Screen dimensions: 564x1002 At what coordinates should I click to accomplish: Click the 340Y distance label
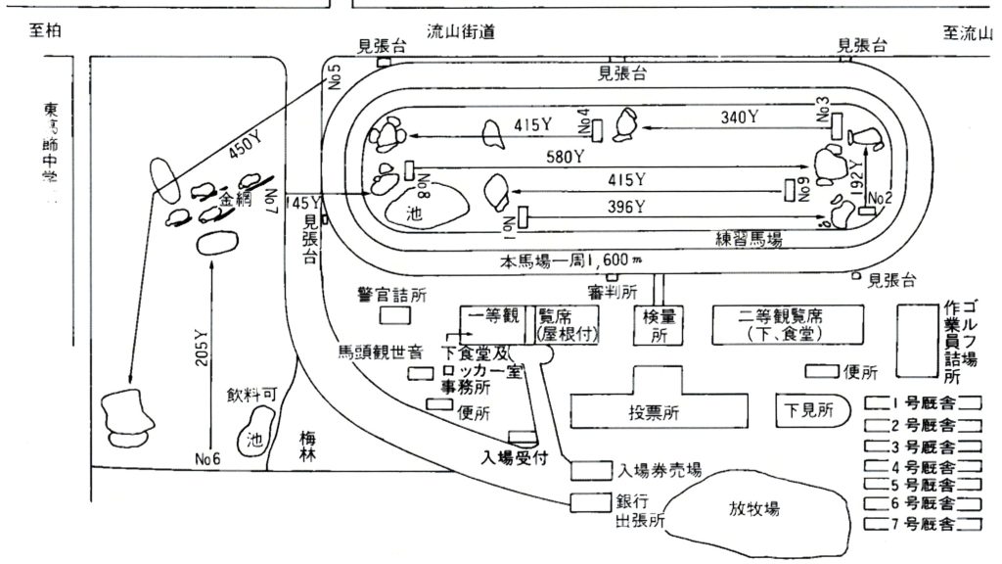coord(740,117)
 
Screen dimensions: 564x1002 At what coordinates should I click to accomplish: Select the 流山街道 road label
coord(461,32)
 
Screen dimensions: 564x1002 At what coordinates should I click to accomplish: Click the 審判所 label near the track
coord(614,291)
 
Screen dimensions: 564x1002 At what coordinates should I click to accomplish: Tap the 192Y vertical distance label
coord(856,174)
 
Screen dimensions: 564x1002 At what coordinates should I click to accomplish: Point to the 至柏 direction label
coord(46,32)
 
